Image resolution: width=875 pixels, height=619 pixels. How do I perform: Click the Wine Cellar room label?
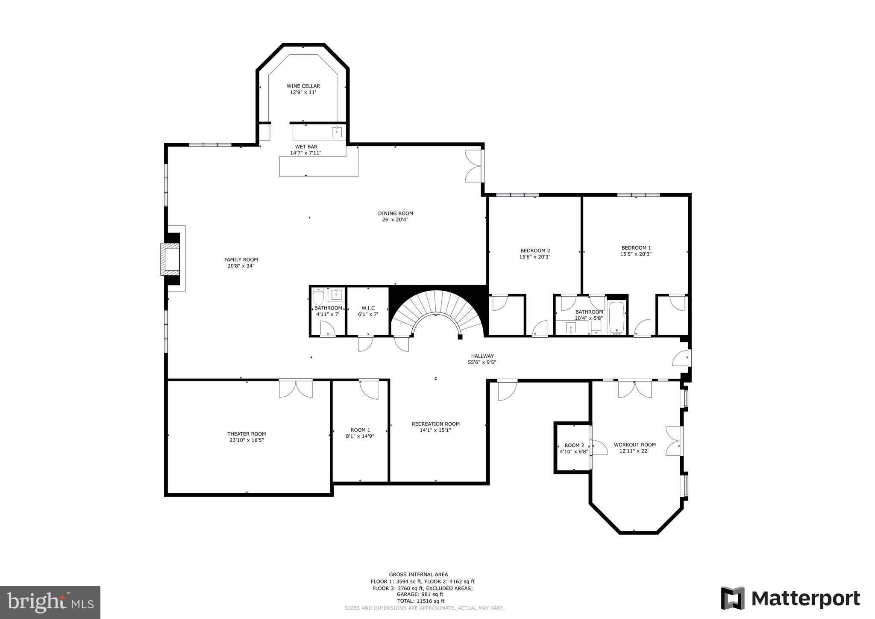tap(303, 86)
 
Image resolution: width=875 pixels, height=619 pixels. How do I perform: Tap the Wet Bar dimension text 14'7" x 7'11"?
tap(305, 153)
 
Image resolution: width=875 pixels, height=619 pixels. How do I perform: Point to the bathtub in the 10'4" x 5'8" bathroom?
tap(617, 318)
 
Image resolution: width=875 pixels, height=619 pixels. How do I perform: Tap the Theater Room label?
tap(247, 434)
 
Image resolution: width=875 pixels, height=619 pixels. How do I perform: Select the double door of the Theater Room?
tap(296, 389)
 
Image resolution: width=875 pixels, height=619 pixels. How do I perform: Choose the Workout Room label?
tap(634, 445)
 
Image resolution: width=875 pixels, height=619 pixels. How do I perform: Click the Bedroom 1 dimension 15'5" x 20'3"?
tap(636, 254)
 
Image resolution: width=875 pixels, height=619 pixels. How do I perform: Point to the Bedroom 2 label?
tap(535, 251)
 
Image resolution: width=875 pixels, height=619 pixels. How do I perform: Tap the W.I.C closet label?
tap(368, 308)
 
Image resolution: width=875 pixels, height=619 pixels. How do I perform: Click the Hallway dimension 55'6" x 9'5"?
tap(482, 363)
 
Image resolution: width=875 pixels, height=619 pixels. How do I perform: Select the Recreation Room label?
tap(435, 424)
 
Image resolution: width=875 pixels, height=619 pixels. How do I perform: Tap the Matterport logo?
tap(790, 598)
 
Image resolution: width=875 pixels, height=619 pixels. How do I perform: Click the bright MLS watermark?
tap(50, 602)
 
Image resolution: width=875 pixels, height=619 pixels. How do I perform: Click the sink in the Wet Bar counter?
tap(337, 132)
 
